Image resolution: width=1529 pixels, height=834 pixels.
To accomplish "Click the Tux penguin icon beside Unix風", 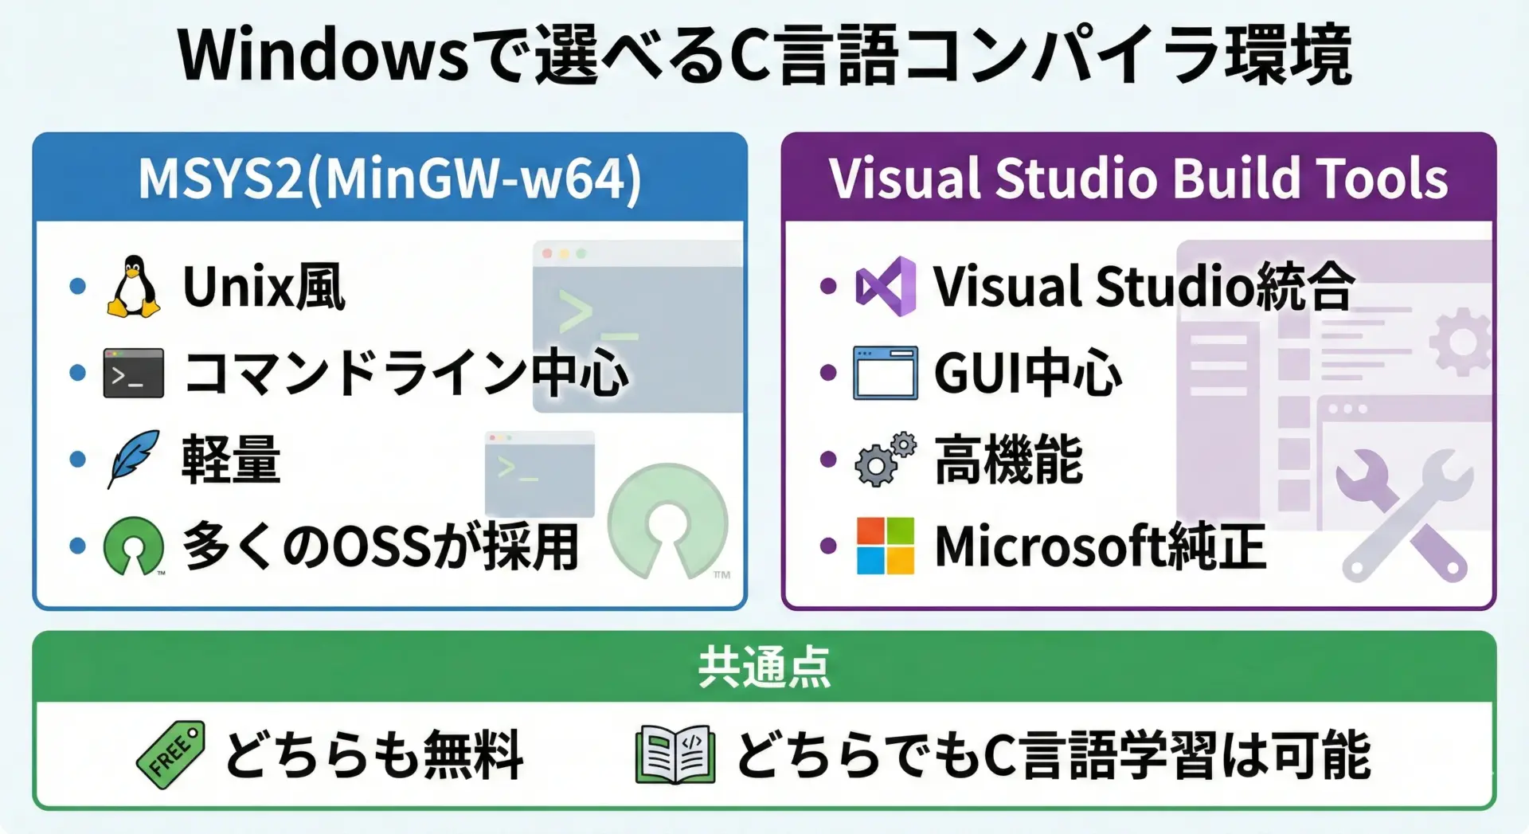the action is click(134, 287).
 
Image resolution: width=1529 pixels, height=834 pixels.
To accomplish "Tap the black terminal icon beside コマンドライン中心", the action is click(134, 373).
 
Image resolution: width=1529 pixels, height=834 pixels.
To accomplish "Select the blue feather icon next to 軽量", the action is click(133, 459).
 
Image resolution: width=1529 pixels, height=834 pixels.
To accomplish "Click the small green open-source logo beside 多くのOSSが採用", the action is click(134, 546).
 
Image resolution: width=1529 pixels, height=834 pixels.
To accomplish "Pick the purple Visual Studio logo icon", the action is click(886, 287).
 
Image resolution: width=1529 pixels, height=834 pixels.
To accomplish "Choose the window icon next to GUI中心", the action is click(886, 373).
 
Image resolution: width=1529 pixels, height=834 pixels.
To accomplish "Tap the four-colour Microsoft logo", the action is click(886, 546).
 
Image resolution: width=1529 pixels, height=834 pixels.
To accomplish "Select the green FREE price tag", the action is click(170, 754).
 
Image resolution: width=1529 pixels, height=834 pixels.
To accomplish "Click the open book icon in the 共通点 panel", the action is click(675, 754).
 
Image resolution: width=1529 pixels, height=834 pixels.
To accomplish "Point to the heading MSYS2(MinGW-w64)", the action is click(390, 178).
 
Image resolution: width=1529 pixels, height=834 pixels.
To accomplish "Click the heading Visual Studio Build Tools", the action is click(1139, 178).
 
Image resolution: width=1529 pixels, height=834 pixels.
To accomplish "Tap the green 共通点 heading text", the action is click(764, 668).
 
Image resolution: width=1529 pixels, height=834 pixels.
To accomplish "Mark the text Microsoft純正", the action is click(1101, 546).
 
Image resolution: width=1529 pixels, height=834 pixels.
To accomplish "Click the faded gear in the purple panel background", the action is click(1461, 342).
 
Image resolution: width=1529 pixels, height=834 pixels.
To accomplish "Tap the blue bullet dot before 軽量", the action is click(77, 459).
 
